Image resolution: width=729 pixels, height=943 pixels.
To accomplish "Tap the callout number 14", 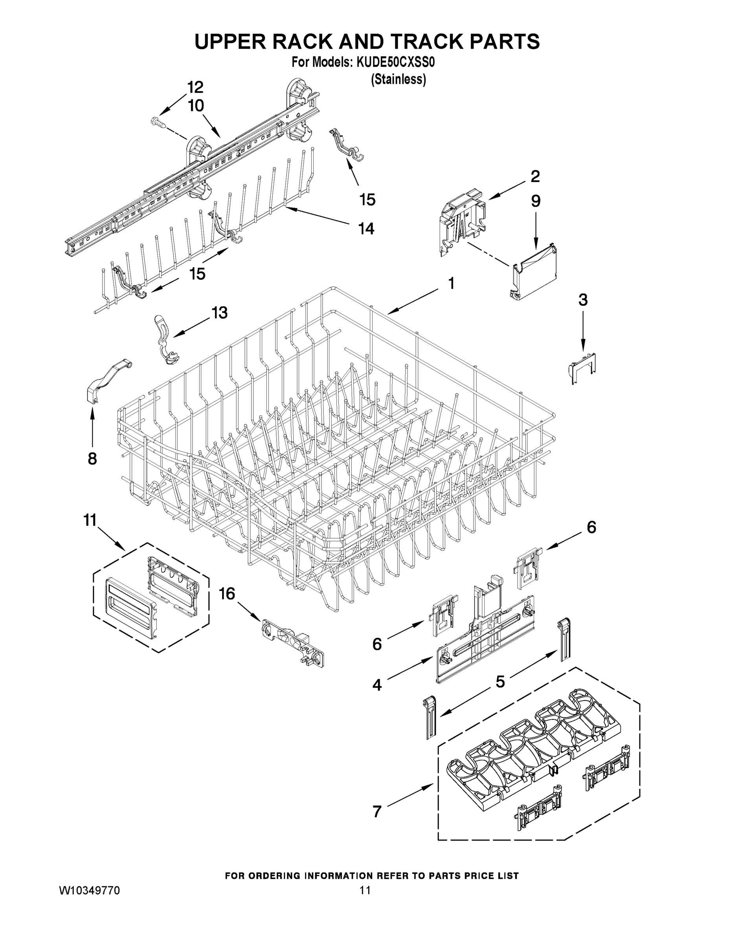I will tap(366, 228).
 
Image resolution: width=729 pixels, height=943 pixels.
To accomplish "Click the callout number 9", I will tap(536, 201).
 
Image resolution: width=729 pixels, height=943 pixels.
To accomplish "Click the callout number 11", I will tap(90, 520).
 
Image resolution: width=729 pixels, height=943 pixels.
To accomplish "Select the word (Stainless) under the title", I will tap(398, 79).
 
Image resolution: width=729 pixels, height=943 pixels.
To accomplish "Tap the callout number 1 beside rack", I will tap(451, 283).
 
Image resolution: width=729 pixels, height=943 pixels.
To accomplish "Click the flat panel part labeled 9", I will tap(534, 273).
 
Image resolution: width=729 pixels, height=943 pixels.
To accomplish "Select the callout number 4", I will tap(377, 685).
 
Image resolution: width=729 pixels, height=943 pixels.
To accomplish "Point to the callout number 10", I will tap(196, 105).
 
